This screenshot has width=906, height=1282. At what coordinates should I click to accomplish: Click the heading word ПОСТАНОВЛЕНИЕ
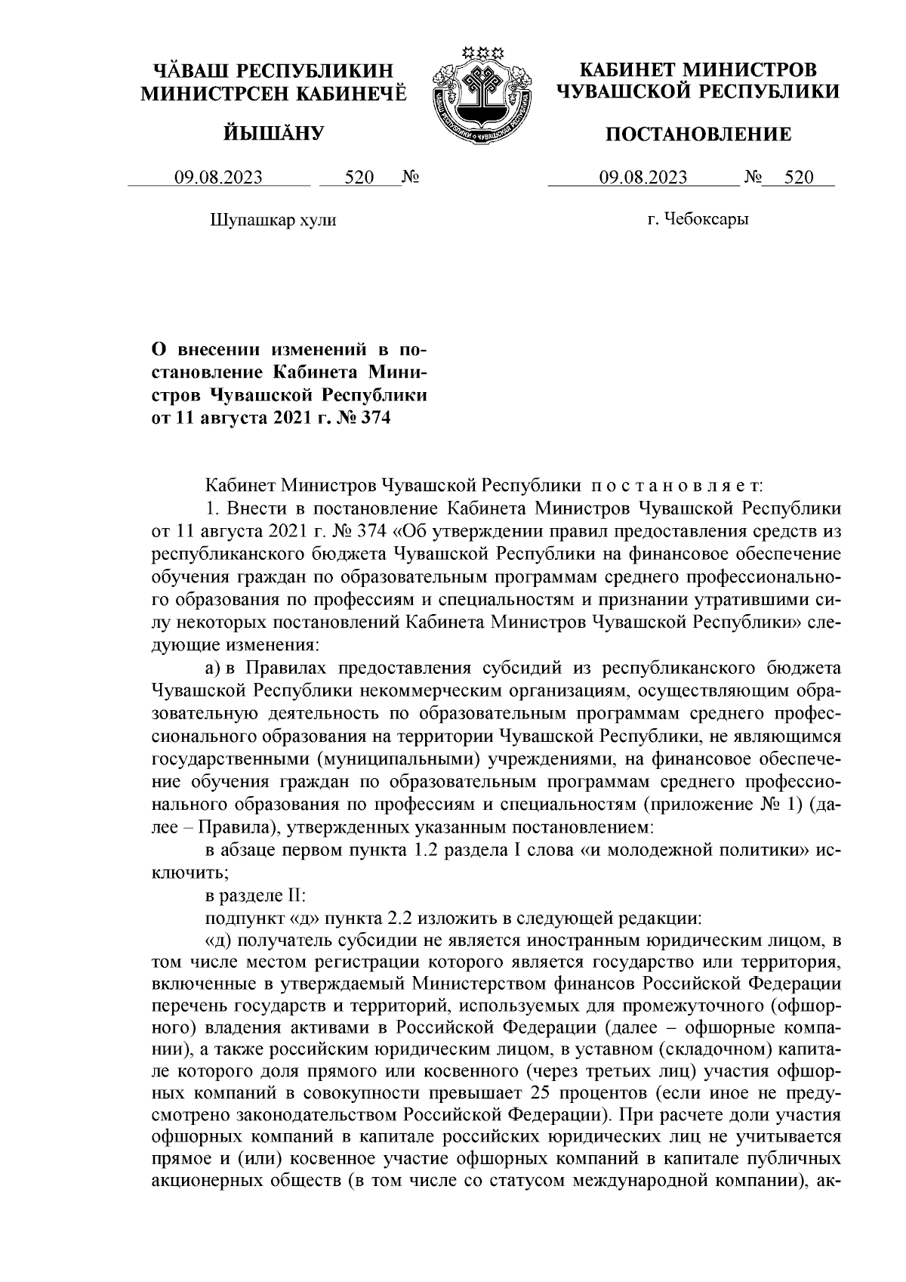(x=699, y=134)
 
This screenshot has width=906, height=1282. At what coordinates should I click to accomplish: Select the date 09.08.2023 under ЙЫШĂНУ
(x=219, y=178)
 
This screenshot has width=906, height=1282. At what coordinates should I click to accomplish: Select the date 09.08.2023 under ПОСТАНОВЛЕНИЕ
(x=643, y=178)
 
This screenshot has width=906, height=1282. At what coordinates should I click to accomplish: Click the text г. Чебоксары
(x=698, y=220)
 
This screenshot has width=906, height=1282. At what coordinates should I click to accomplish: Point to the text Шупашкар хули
(x=272, y=220)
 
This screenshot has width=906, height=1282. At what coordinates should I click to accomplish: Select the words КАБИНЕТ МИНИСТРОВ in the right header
(x=698, y=71)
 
